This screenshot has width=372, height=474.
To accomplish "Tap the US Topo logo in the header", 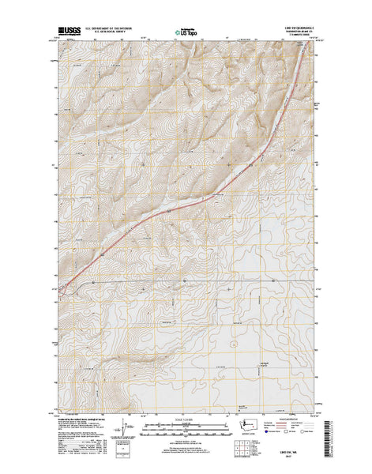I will point(187,34).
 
